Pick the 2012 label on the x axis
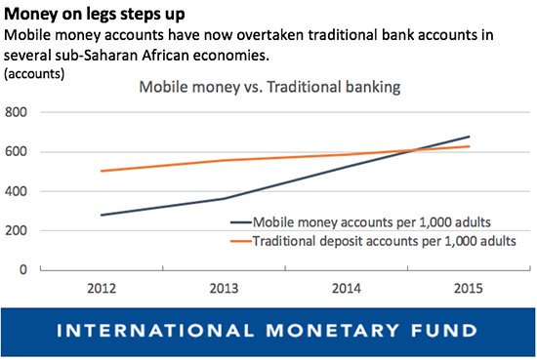tap(102, 290)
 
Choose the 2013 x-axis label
tap(225, 290)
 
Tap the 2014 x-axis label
tap(347, 290)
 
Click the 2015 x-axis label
tap(470, 290)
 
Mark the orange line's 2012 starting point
tap(102, 171)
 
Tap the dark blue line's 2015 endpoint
tap(470, 137)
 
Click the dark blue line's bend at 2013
tap(225, 199)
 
